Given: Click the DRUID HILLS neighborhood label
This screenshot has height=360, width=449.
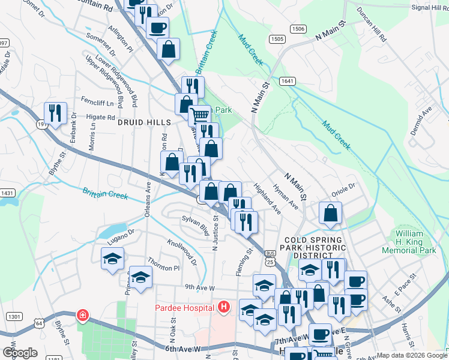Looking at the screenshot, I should [x=144, y=122].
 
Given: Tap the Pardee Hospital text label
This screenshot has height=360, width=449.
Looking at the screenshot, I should [x=183, y=308].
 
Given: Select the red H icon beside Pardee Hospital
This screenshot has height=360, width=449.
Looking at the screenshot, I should [x=224, y=308].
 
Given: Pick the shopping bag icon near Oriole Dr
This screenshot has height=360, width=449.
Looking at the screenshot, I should [x=330, y=213].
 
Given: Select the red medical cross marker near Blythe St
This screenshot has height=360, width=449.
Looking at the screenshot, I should [x=82, y=316].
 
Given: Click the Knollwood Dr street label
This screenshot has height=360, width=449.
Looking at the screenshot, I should [x=183, y=252].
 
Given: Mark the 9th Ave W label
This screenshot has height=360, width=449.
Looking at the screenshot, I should [x=200, y=287].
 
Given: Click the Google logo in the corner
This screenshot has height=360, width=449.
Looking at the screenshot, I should [x=19, y=353].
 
